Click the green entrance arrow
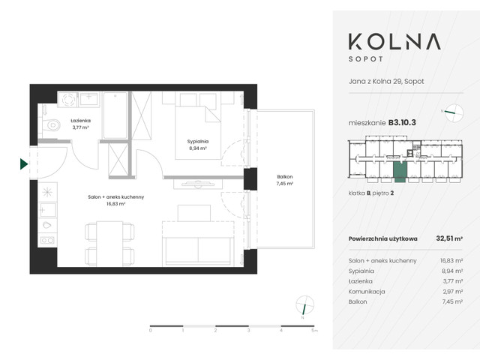(24, 163)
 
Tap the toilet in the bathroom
(51, 125)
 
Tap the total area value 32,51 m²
(448, 238)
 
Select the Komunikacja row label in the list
(367, 290)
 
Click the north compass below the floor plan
(304, 307)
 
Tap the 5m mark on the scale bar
(315, 329)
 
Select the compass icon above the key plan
(453, 113)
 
